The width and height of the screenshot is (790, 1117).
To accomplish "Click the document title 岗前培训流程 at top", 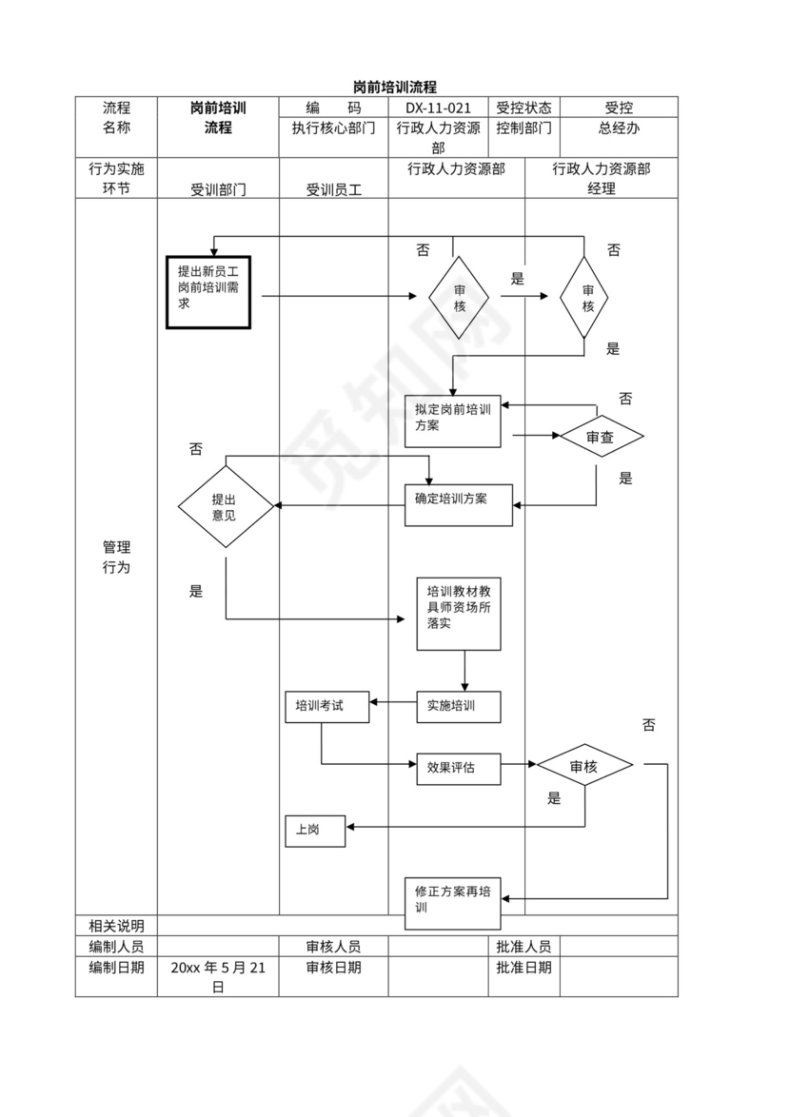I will (x=394, y=87).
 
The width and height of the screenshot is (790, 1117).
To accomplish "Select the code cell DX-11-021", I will (x=438, y=108).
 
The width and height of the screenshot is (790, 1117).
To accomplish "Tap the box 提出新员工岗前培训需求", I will (x=208, y=292).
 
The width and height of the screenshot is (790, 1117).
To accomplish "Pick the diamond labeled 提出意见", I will (x=226, y=506).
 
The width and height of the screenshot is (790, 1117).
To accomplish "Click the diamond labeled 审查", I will (x=601, y=437).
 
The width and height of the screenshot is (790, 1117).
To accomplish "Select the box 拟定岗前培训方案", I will (x=453, y=421).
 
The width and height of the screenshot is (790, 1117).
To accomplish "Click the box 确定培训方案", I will (x=459, y=505).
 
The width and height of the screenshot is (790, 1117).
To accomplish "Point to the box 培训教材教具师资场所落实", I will (x=459, y=614).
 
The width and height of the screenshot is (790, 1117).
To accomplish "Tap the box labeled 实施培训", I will (x=459, y=706).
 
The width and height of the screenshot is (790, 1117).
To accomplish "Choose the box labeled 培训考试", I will (x=326, y=706).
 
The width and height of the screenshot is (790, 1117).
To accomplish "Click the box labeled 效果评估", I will (x=459, y=768).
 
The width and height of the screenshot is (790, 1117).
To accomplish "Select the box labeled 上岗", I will (x=315, y=831).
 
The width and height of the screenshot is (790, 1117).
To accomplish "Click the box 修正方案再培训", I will (x=453, y=902).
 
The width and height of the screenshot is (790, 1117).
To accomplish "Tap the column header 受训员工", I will (x=333, y=189).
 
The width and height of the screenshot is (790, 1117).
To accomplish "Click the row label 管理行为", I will (x=116, y=558).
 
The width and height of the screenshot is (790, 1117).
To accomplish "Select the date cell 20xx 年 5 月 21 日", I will (x=218, y=977).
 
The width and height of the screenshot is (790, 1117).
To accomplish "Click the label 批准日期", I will (x=523, y=968).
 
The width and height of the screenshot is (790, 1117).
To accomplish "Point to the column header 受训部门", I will (x=218, y=189).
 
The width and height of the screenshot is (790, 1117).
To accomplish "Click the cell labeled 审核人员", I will (x=333, y=947).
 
